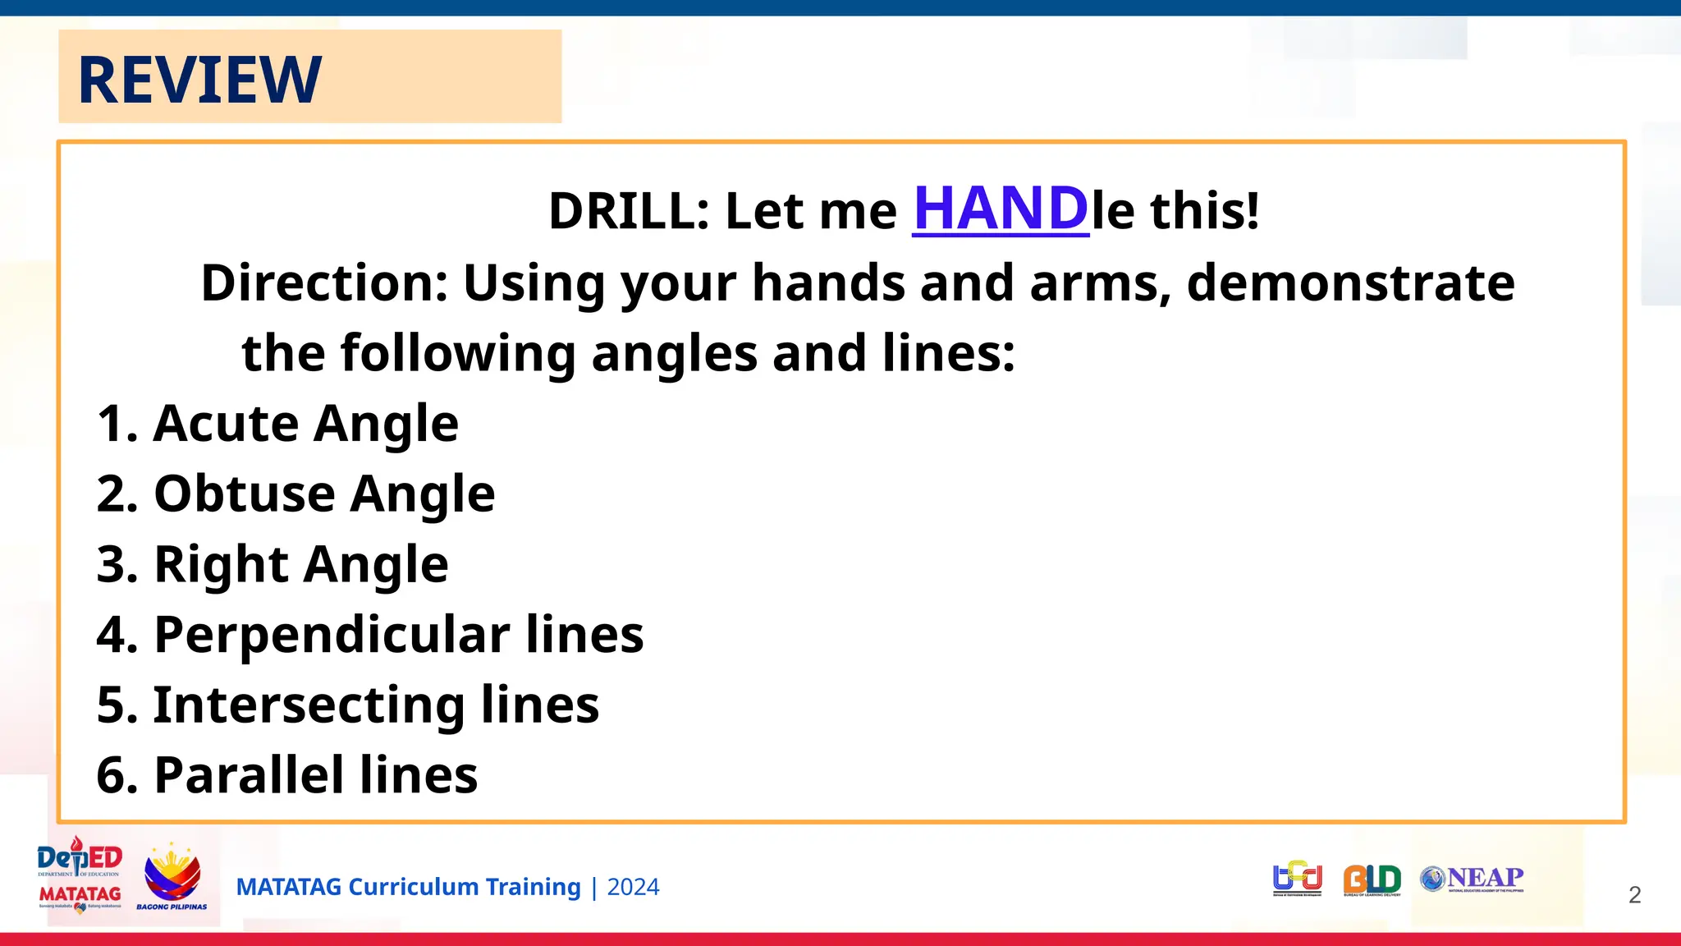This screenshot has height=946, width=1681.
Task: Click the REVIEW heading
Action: point(199,80)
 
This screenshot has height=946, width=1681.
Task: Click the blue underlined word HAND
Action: point(1001,209)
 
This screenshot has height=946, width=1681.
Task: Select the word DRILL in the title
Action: point(621,211)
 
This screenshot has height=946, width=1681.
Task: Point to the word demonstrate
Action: point(1350,283)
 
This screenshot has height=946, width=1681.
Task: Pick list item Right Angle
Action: point(273,565)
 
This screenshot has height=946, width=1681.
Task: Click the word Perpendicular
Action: point(332,635)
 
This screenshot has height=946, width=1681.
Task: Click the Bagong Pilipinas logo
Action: point(172,877)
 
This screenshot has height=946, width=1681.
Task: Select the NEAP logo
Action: point(1473,879)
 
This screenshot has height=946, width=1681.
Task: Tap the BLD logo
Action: point(1372,879)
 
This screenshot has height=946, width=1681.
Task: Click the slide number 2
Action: point(1634,895)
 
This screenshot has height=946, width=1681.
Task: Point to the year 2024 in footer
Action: point(633,888)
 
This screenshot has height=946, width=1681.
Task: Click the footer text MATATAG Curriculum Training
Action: point(408,888)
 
